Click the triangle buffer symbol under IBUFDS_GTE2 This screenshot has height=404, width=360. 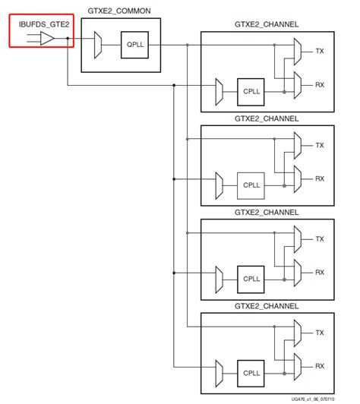click(x=46, y=38)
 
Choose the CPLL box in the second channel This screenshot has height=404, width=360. click(x=251, y=184)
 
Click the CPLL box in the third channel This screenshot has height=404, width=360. click(x=251, y=278)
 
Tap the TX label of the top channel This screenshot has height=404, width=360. click(x=320, y=51)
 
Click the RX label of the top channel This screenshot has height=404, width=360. click(x=320, y=85)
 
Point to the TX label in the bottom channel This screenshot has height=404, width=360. click(x=320, y=333)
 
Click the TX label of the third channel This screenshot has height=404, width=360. click(x=320, y=238)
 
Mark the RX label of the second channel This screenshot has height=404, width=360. click(x=320, y=178)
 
